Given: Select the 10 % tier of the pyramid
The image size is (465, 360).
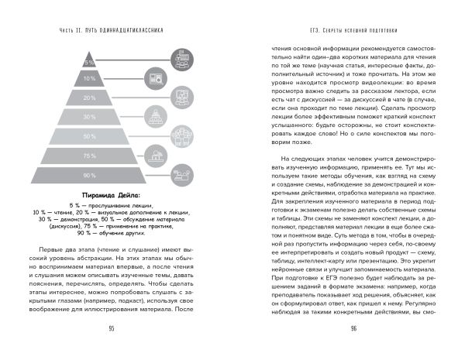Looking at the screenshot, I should (x=112, y=78).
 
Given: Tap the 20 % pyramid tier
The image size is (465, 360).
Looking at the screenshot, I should (x=112, y=98).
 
